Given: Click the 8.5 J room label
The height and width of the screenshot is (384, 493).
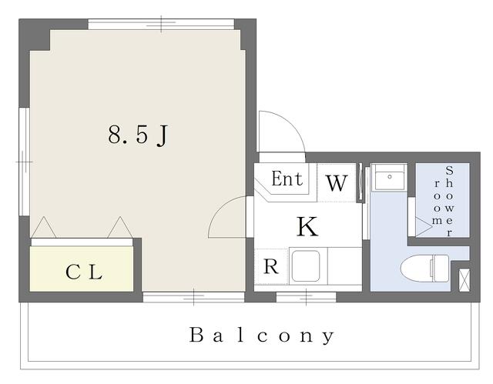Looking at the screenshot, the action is coord(138,135).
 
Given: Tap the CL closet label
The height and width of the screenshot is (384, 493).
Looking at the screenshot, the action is coord(84,272).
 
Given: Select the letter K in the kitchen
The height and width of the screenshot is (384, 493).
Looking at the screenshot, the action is coord(307,226).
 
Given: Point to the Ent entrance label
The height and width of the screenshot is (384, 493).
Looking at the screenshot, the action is coord(287,179).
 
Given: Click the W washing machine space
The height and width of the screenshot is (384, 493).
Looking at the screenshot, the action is coord(337,183).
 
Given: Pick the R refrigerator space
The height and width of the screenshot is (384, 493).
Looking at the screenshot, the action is coord(271,266).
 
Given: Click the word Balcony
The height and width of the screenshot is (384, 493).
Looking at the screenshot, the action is coord(262,336).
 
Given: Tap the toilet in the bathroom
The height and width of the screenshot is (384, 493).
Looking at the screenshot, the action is coord(424,269).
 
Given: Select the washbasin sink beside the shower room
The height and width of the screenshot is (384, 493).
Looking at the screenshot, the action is coord(389,178).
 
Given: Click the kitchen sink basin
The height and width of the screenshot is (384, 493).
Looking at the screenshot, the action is coord(306,266).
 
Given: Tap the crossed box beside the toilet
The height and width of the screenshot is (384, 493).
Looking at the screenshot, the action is coord(464,279).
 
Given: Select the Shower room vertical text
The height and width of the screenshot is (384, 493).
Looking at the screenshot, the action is coord(444,201).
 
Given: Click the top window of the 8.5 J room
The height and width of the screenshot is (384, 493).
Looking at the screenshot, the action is coord(161,24).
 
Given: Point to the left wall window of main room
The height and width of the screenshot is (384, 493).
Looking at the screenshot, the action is coord(25,162).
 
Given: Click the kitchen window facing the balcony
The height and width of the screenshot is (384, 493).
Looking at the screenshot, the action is coord(307,297).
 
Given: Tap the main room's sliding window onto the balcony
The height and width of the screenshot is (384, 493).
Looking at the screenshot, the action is coord(193,297).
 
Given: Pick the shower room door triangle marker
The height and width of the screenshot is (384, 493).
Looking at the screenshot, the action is coord(424,227).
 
